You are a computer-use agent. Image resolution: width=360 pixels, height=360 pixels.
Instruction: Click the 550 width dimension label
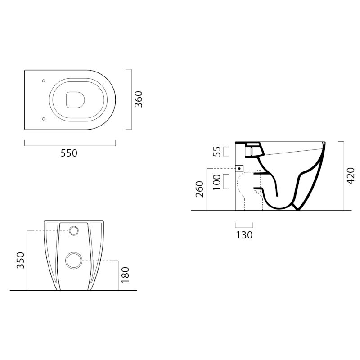(69, 153)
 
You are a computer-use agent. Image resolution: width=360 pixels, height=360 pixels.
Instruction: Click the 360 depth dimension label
(139, 99)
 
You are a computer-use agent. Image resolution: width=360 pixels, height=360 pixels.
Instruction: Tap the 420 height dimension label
(351, 176)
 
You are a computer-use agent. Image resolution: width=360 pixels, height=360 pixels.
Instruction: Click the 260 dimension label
(200, 189)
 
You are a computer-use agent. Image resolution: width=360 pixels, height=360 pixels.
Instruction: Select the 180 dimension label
(126, 275)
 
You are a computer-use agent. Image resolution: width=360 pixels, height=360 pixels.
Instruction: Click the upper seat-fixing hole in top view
(43, 81)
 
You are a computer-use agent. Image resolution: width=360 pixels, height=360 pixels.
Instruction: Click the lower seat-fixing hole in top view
(43, 119)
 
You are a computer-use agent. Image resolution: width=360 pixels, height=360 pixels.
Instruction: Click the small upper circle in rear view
(74, 231)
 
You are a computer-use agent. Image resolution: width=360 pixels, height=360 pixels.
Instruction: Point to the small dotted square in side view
(240, 168)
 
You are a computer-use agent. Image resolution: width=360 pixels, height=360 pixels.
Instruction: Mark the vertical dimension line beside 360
(131, 99)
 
